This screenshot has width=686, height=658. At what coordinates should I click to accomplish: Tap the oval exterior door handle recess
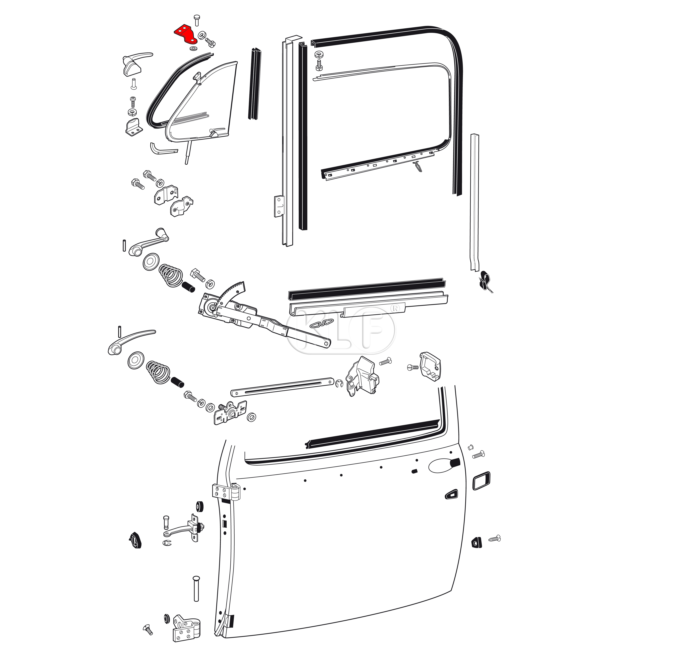point(442,466)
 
